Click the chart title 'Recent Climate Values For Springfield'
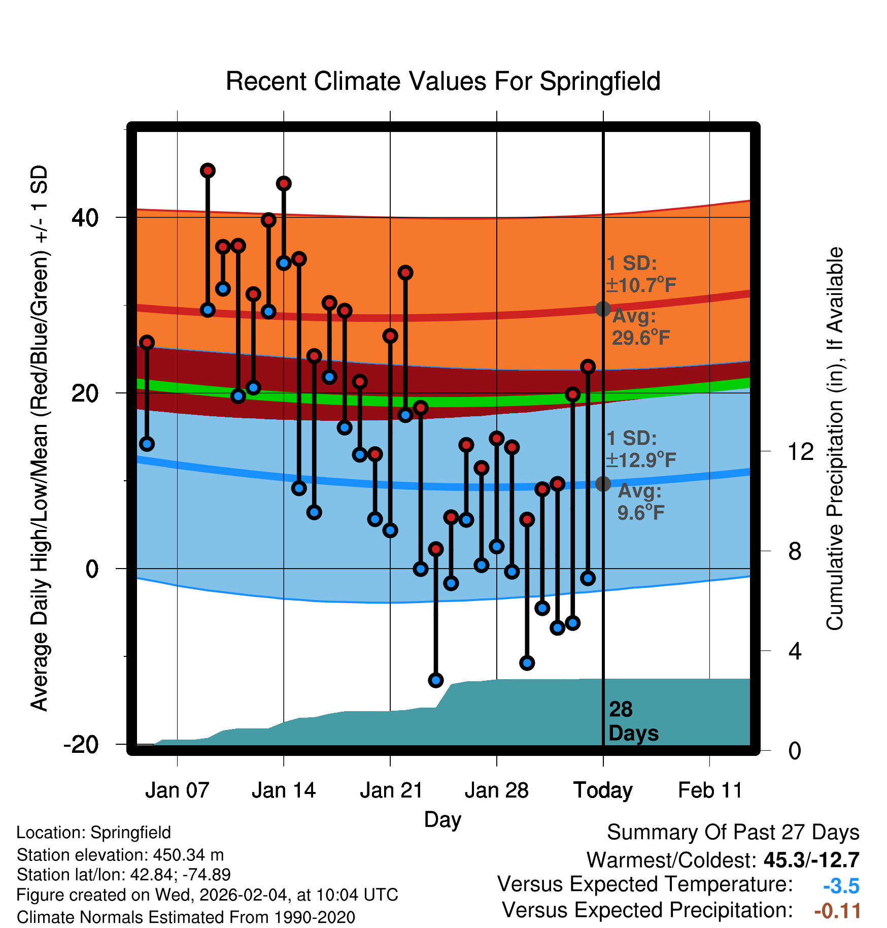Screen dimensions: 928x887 pos(443,81)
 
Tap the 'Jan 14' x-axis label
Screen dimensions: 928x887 pos(284,790)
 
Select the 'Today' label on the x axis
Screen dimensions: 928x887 pos(603,790)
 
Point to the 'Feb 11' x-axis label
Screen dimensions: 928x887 pos(710,790)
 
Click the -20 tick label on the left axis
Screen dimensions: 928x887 pos(81,745)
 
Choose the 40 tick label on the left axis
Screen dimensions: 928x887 pos(85,218)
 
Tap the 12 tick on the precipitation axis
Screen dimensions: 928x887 pos(800,451)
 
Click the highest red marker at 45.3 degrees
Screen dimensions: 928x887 pos(208,171)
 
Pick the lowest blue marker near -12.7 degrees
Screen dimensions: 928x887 pos(436,680)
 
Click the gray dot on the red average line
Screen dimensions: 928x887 pos(603,309)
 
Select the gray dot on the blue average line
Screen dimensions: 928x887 pos(603,484)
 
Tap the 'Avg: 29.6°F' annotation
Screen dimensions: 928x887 pos(640,327)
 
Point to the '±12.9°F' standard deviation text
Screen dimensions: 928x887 pos(641,460)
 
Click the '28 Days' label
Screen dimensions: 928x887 pos(633,721)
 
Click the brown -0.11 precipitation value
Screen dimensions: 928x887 pos(837,911)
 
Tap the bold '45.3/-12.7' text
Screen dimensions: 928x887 pos(811,860)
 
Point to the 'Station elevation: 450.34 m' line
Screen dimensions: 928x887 pos(120,855)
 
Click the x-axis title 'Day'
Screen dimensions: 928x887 pos(442,819)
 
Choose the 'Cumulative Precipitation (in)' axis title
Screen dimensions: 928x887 pos(834,439)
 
